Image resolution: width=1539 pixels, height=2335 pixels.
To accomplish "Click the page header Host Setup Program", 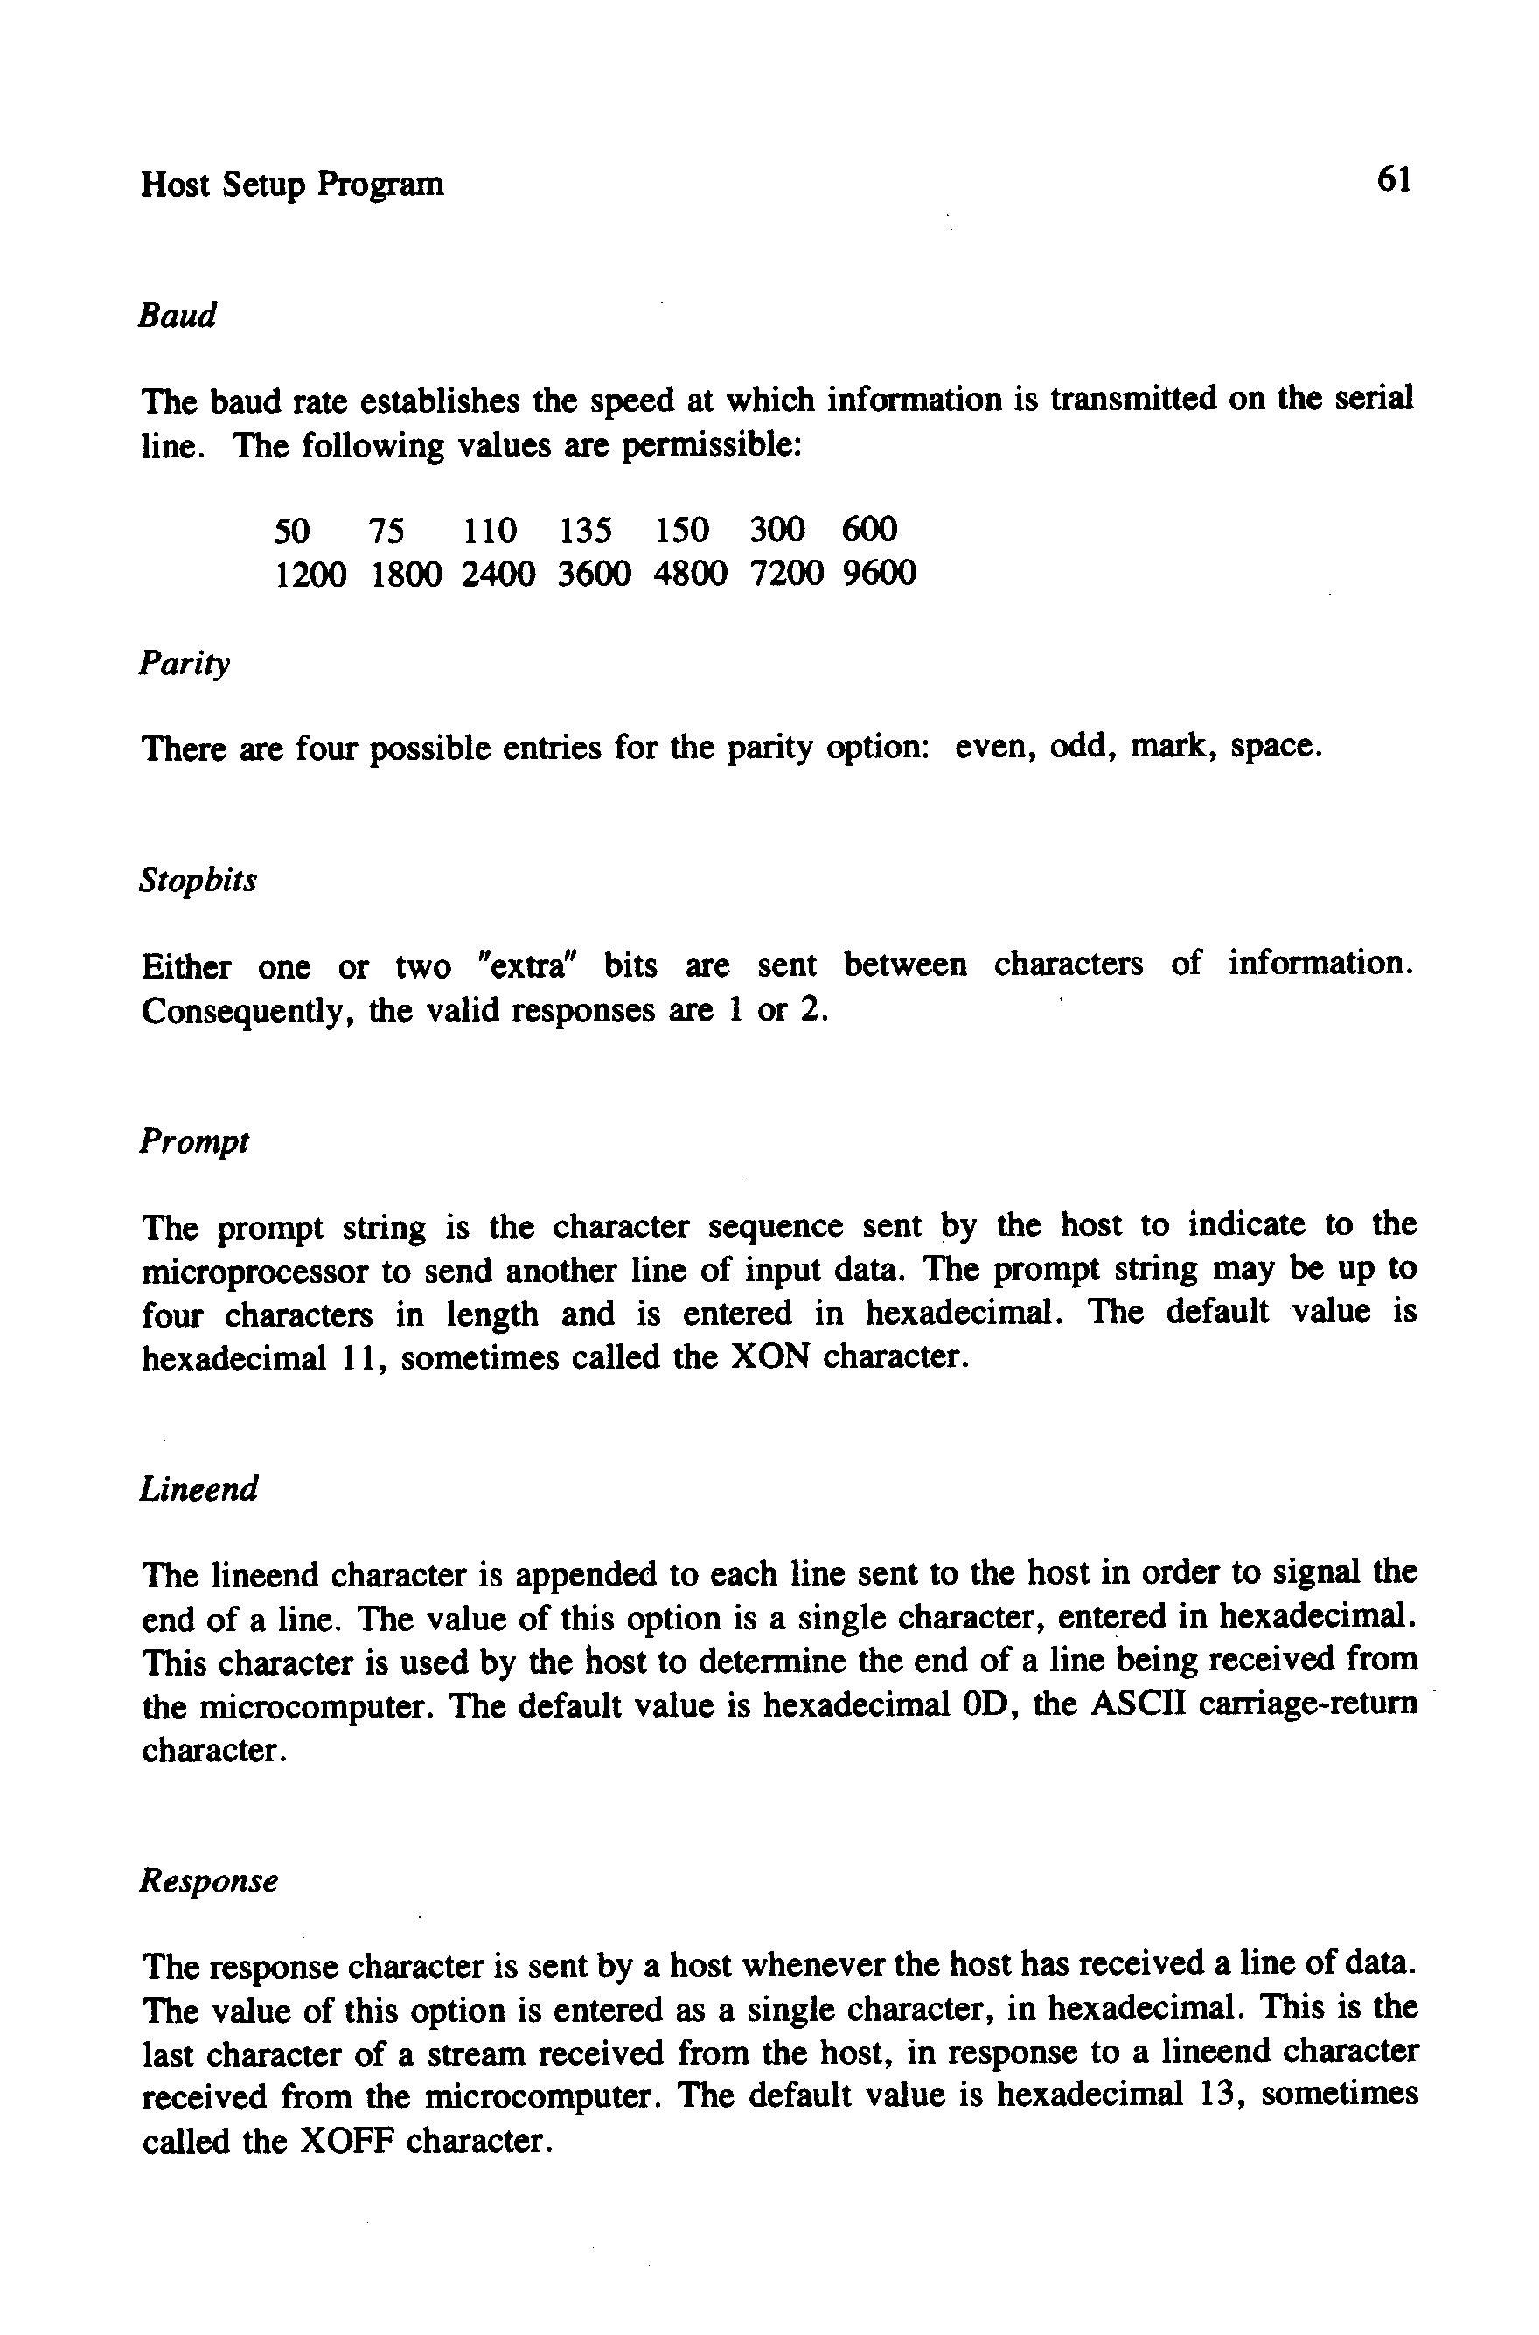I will [292, 185].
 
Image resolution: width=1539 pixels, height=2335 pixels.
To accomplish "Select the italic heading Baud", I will [177, 316].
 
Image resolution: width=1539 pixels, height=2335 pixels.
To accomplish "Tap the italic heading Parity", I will [185, 665].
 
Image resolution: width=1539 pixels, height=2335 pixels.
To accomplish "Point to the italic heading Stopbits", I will [198, 881].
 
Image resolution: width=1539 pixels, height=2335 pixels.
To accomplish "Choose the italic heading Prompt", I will [194, 1141].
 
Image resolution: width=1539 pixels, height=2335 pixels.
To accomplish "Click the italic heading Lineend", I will [199, 1489].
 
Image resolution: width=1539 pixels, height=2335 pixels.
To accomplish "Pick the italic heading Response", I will [209, 1880].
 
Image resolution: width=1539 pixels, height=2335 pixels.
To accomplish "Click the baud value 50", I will [291, 531].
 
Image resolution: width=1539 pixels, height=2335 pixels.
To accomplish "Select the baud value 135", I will [586, 531].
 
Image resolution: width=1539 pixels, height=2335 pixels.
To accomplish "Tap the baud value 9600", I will [880, 573].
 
